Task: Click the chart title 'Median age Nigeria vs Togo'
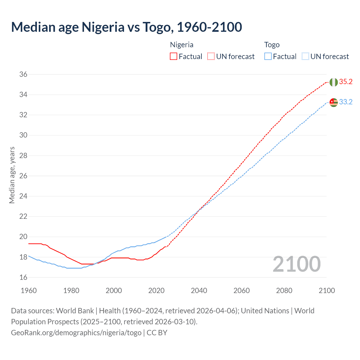pos(126,27)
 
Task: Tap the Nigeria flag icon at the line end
pos(334,82)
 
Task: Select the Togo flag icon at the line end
pos(334,102)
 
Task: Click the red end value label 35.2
pos(346,82)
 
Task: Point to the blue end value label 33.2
pos(346,102)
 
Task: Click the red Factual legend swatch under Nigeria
pos(174,57)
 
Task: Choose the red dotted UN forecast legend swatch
pos(211,57)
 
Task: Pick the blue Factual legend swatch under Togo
pos(268,57)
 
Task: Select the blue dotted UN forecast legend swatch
pos(305,57)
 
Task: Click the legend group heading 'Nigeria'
pos(182,45)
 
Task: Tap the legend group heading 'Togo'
pos(272,45)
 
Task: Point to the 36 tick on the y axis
pos(23,75)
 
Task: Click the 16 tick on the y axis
pos(23,278)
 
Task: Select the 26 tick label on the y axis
pos(23,176)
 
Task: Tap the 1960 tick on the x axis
pos(29,291)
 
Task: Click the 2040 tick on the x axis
pos(199,291)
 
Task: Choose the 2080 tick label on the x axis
pos(284,291)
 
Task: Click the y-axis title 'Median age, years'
pos(12,175)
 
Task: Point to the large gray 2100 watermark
pos(296,264)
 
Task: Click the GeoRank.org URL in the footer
pos(76,333)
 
